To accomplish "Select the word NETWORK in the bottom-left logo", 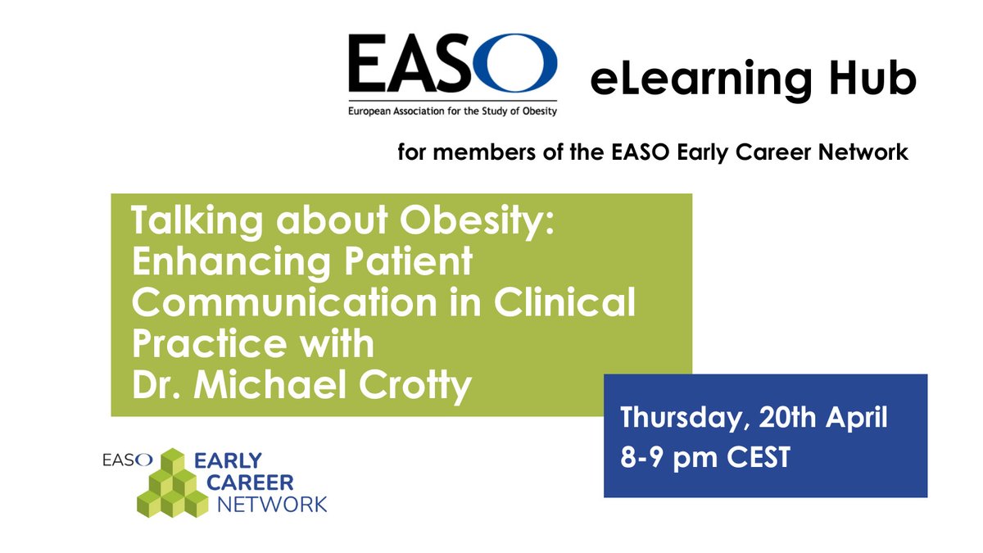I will [x=271, y=503].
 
